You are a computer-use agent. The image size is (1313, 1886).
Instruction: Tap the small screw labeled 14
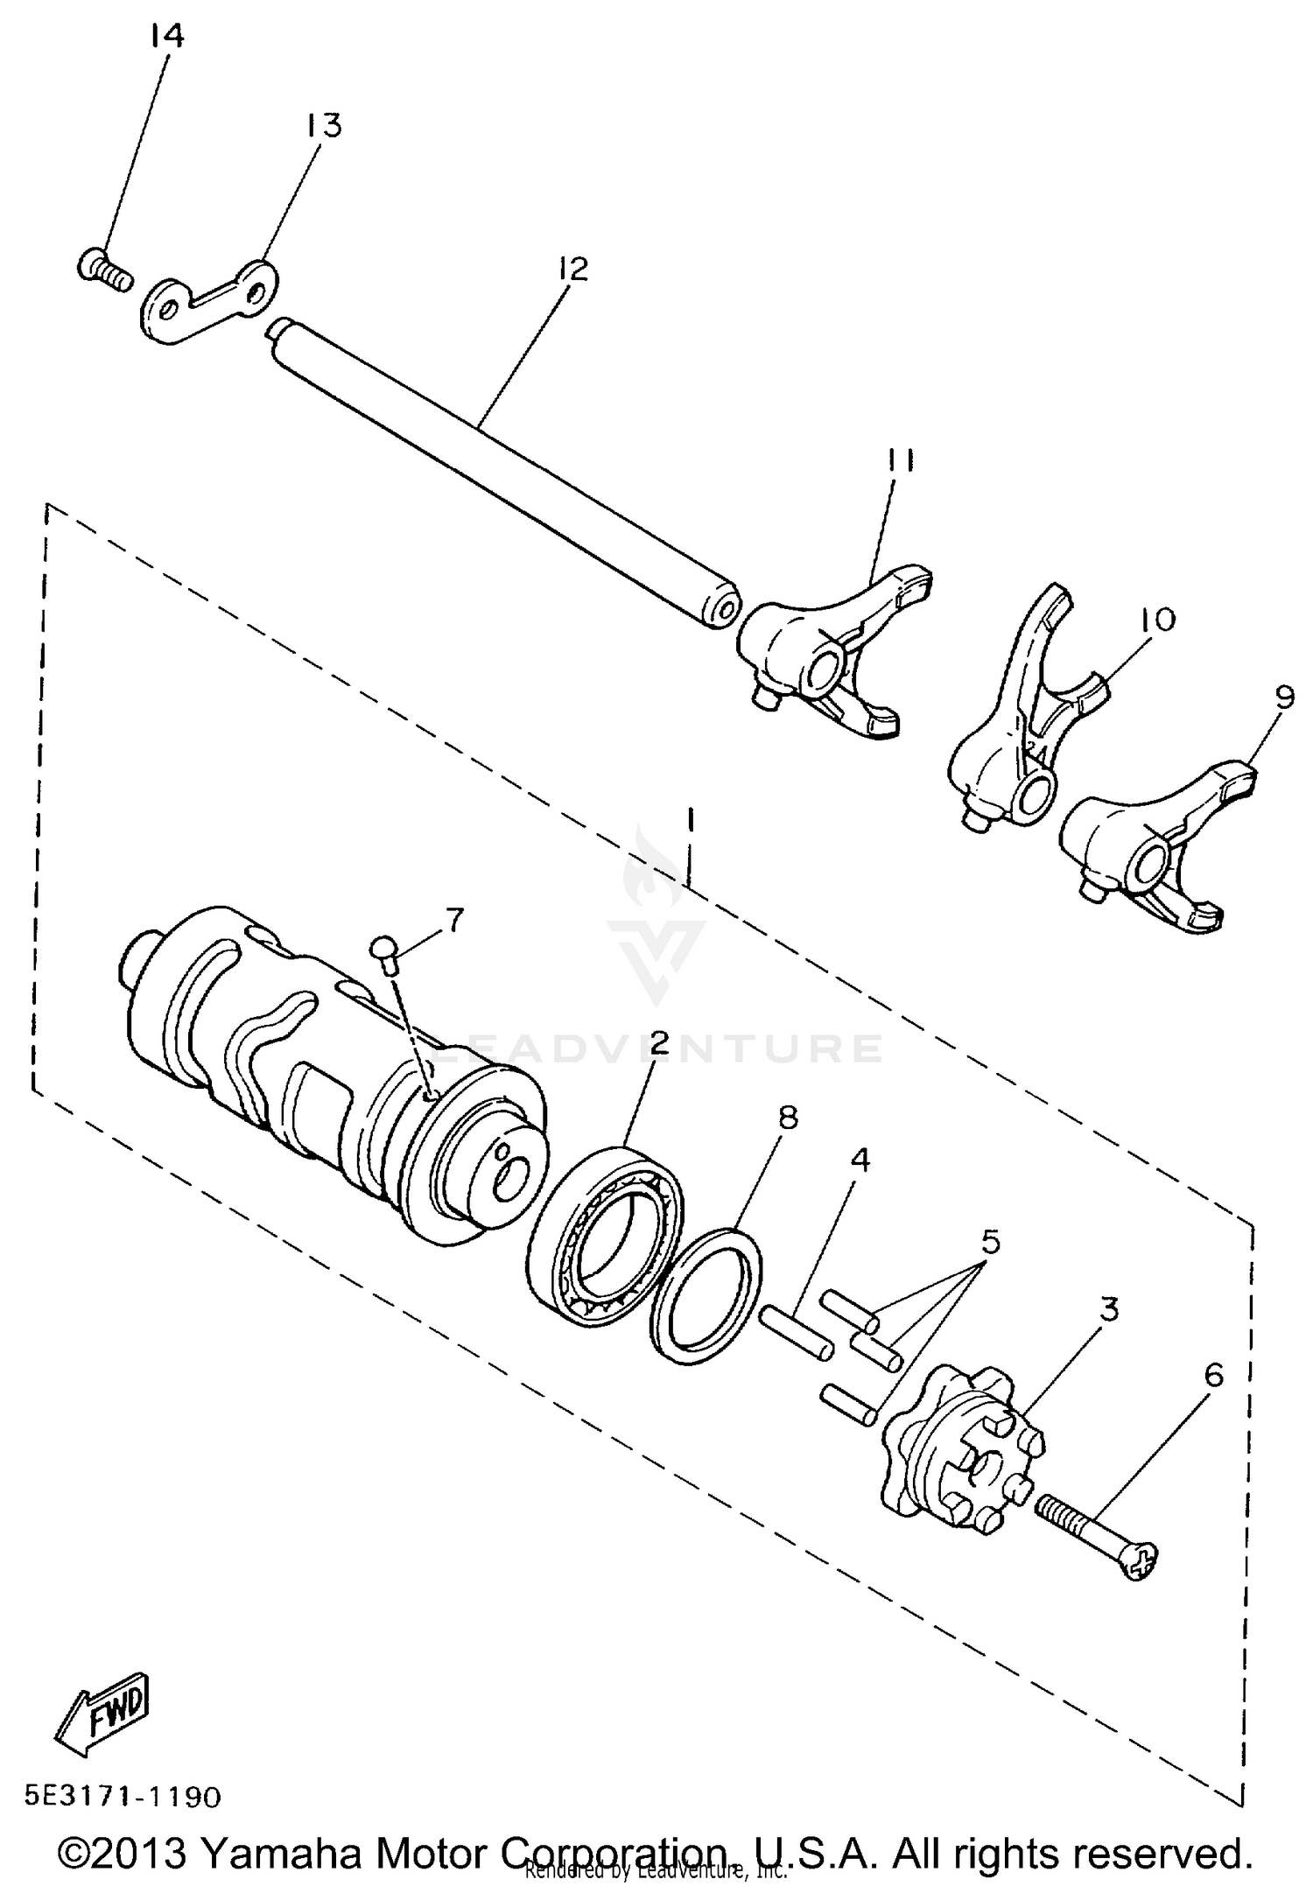point(104,267)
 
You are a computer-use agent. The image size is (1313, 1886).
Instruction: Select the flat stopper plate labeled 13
point(208,302)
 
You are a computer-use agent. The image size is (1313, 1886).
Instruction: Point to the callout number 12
point(573,269)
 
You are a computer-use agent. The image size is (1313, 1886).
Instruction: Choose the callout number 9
point(1284,697)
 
